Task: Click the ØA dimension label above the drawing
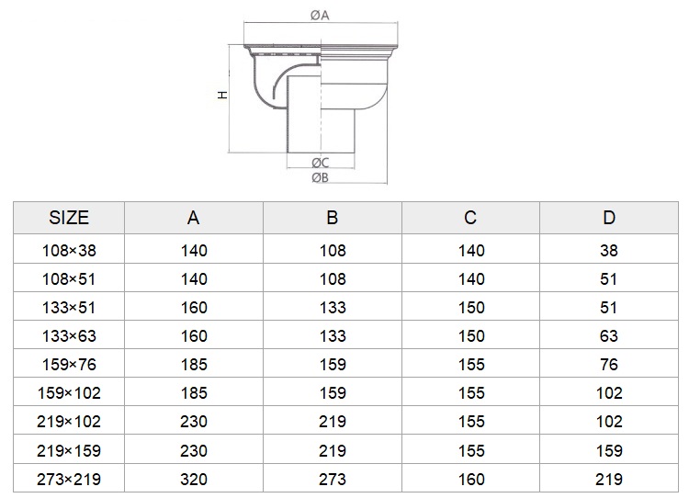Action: coord(320,16)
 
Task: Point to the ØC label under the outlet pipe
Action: coord(321,163)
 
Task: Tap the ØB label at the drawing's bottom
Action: coord(320,178)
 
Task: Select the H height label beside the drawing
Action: coord(223,95)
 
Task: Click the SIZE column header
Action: coord(69,218)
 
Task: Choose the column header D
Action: coord(609,218)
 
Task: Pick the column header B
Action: coord(333,218)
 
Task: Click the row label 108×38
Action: coord(69,251)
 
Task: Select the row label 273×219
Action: coord(69,479)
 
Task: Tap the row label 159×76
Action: coord(69,365)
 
